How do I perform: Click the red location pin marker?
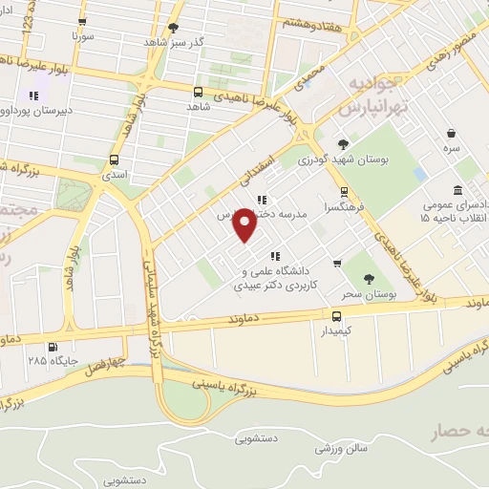[x=245, y=226]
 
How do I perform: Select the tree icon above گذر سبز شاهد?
[x=173, y=28]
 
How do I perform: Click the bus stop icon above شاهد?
[x=198, y=93]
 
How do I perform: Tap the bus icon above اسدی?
[x=115, y=160]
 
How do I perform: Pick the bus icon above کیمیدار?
[x=336, y=316]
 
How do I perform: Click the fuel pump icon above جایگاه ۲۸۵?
[x=52, y=346]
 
